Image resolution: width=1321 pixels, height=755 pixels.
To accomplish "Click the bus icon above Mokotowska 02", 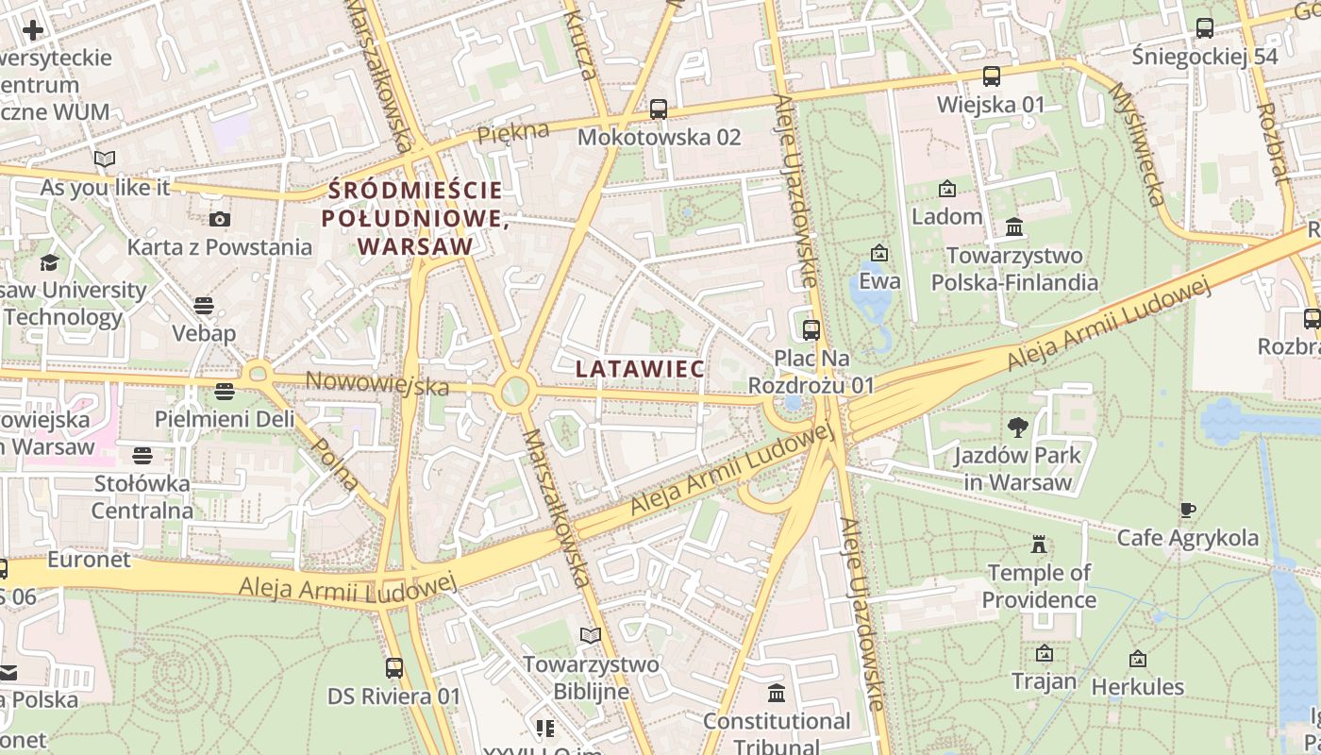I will [x=659, y=109].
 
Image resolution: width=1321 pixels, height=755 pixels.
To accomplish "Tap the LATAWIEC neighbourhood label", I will [x=641, y=369].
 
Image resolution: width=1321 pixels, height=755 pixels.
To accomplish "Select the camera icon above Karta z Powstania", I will [x=220, y=220].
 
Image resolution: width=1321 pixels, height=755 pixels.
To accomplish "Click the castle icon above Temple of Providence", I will [x=1039, y=545].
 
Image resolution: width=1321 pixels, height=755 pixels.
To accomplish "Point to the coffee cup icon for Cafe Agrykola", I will [x=1188, y=511].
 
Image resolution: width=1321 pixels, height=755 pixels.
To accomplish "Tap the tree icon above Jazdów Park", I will [x=1018, y=428].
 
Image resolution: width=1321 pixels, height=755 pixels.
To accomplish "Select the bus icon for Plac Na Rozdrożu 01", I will [x=811, y=330].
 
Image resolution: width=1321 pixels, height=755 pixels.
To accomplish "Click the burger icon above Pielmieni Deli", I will [x=225, y=391].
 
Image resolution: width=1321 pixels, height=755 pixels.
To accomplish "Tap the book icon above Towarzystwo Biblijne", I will [x=591, y=636].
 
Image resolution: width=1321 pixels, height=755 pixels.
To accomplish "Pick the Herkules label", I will [x=1137, y=686].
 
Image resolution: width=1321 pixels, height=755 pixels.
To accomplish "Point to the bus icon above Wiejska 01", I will [x=991, y=76].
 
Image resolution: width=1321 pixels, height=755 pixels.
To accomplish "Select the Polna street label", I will [x=335, y=464].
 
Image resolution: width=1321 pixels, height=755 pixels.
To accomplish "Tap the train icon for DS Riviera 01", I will [x=394, y=668].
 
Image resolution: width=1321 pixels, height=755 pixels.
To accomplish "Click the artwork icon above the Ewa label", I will [x=879, y=253].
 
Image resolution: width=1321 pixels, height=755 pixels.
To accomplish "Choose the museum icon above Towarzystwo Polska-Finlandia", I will [x=1015, y=227].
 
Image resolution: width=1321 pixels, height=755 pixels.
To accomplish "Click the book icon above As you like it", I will [x=105, y=159].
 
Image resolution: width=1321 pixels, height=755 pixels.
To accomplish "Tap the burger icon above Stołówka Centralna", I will [x=142, y=456].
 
